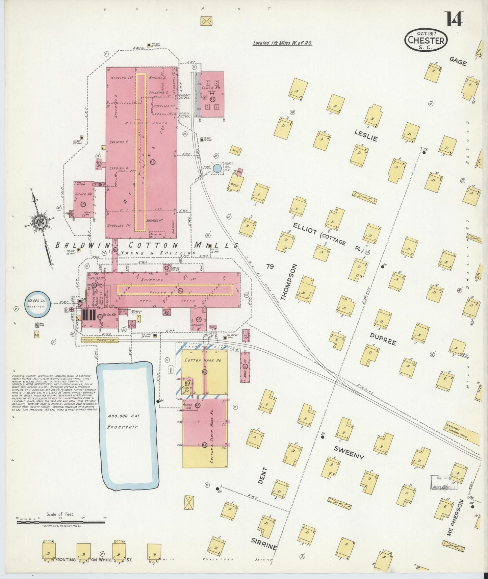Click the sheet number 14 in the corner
pos(453,19)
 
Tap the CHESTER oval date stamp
pos(426,40)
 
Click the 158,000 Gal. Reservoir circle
pos(37,304)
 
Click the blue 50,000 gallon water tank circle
pos(218,168)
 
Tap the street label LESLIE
pos(366,135)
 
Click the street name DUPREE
pos(383,339)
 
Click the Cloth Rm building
pos(211,94)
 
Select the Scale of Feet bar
pos(61,522)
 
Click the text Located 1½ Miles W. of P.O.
pos(282,43)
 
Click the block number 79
pos(269,267)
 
